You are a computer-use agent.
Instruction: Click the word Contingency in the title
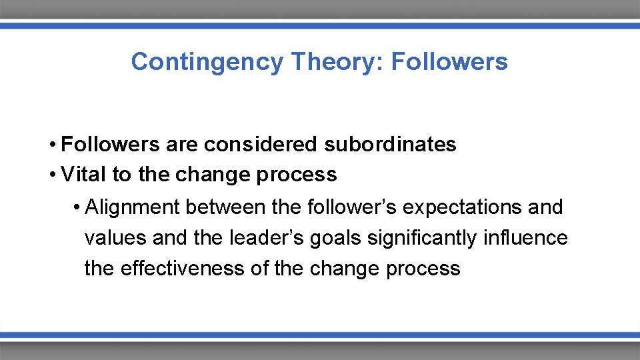click(x=207, y=62)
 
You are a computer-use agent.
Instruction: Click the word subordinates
click(x=391, y=144)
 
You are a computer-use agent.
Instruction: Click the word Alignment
click(x=133, y=207)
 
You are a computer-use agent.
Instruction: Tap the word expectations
click(x=463, y=207)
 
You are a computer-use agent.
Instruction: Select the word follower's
click(x=352, y=207)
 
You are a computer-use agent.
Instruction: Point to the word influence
click(x=531, y=238)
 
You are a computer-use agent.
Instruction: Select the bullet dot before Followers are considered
click(x=51, y=145)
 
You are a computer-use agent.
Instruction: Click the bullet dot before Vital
click(x=51, y=175)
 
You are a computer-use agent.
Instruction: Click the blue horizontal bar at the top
click(x=320, y=25)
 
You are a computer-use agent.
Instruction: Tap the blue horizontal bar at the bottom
click(x=320, y=335)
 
